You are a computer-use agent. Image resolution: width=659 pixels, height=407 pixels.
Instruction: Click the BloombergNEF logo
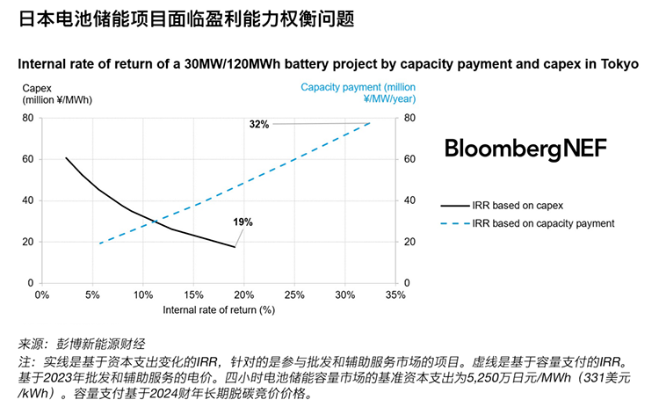[525, 148]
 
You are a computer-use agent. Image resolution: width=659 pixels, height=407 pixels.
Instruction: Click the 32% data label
[258, 125]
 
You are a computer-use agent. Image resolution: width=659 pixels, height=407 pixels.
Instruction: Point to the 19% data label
[243, 222]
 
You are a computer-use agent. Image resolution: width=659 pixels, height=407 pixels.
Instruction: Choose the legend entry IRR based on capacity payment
[542, 223]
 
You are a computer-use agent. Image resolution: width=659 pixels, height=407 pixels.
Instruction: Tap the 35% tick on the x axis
[395, 295]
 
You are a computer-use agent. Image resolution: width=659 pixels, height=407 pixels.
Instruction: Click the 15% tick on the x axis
[193, 295]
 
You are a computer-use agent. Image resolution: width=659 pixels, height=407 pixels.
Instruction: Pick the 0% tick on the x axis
[41, 295]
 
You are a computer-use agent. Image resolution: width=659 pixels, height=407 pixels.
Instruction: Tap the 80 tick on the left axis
[28, 118]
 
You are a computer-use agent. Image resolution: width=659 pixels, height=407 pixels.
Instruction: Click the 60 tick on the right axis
[409, 159]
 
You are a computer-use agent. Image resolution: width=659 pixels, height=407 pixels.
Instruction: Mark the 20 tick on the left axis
[28, 242]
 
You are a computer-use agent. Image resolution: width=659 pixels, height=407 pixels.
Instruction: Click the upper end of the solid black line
[66, 158]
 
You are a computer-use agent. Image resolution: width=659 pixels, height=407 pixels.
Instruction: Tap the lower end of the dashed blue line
[99, 243]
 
